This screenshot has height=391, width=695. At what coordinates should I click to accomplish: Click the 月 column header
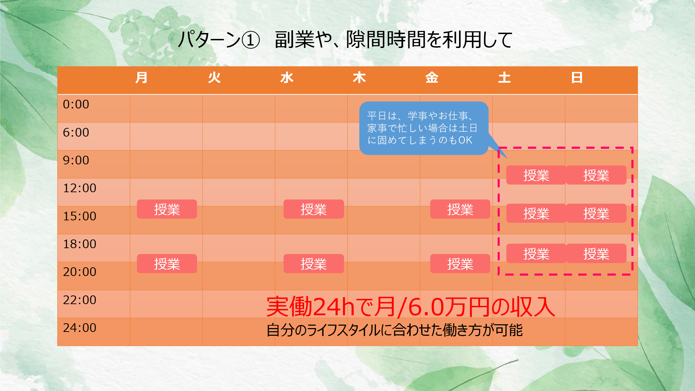point(141,78)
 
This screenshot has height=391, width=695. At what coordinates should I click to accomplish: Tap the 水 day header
point(287,78)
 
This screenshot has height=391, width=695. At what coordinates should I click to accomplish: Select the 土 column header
point(504,78)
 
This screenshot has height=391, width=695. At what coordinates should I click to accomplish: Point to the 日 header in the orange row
point(577,78)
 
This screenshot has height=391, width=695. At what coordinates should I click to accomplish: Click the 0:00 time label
point(76,104)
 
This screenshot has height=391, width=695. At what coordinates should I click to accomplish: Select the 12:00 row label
point(80,188)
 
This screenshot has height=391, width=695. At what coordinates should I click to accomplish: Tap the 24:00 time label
point(80,328)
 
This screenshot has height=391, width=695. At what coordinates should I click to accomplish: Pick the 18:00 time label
point(80,244)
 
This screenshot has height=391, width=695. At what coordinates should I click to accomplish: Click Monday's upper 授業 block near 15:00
point(167,209)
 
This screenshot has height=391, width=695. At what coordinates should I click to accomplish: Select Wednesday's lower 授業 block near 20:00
point(313,264)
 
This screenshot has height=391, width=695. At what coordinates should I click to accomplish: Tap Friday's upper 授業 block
point(460,209)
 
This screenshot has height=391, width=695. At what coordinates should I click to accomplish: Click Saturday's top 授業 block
point(536,175)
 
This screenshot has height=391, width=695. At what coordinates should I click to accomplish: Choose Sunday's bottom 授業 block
point(596,253)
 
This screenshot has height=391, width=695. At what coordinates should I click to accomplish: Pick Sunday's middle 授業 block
point(596,213)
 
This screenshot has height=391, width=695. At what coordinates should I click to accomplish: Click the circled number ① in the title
point(251,40)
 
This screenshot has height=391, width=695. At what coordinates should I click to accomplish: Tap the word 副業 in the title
point(294,40)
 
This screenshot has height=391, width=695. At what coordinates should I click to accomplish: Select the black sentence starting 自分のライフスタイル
point(394,330)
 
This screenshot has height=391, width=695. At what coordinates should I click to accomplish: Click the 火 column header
point(214,78)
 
